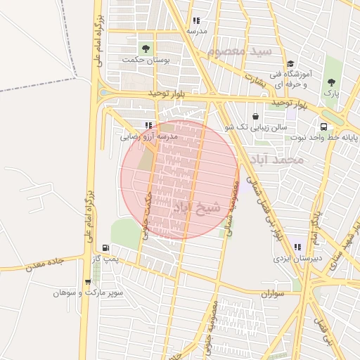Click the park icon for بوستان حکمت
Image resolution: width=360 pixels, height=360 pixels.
(146, 49)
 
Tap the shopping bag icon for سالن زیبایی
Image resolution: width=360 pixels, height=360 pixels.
(255, 116)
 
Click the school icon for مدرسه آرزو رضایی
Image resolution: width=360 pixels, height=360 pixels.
(148, 126)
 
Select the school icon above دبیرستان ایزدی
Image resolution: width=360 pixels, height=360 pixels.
(297, 247)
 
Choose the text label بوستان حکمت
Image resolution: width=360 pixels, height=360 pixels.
(146, 60)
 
